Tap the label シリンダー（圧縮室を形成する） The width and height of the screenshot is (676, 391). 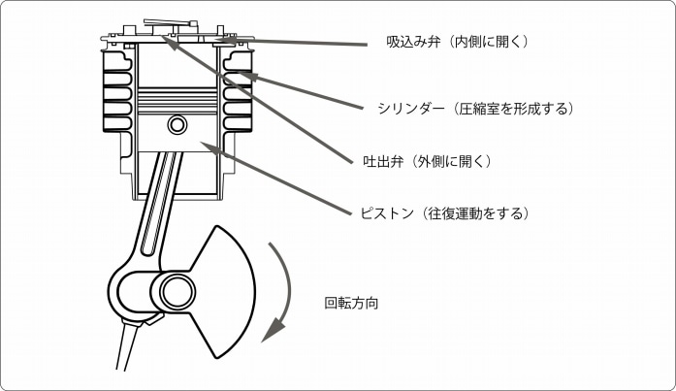tap(475, 109)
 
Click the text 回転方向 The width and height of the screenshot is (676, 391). tap(351, 303)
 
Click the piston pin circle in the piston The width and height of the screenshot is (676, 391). tap(177, 125)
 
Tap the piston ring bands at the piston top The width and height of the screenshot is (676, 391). tap(177, 98)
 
